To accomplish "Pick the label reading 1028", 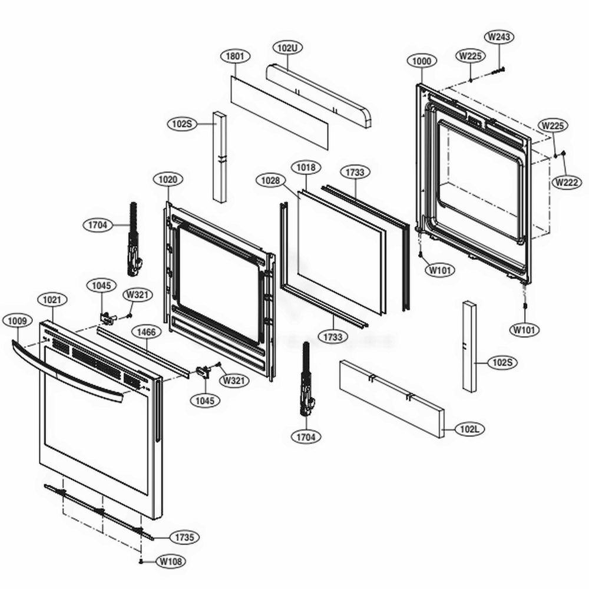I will point(270,181).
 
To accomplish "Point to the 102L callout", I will point(469,429).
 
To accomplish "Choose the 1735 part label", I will point(184,537).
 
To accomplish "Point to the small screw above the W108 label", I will point(142,562).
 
